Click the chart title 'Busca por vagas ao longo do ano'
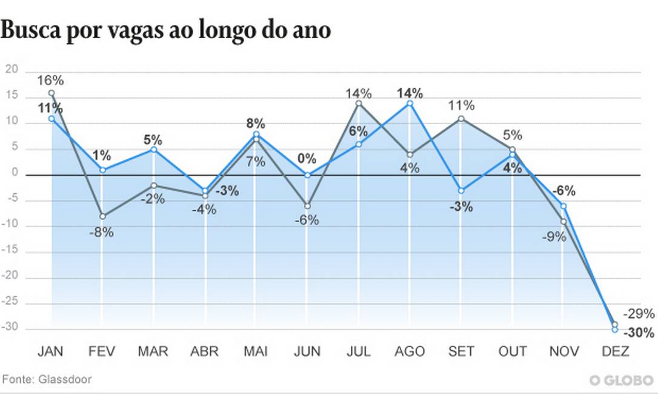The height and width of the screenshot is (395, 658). pyautogui.click(x=165, y=30)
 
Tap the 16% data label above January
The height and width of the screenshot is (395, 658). pyautogui.click(x=50, y=81)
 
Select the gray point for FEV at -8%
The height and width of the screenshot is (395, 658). pyautogui.click(x=102, y=216)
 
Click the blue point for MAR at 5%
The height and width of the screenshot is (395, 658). pyautogui.click(x=154, y=149)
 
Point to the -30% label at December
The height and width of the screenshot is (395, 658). pyautogui.click(x=639, y=333)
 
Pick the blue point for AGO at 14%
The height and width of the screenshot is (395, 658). pyautogui.click(x=410, y=103)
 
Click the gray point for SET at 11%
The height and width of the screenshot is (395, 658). pyautogui.click(x=461, y=118)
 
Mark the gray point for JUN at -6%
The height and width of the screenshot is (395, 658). pyautogui.click(x=307, y=206)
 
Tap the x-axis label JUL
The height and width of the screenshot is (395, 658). pyautogui.click(x=359, y=351)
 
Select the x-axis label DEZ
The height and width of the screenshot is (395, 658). pyautogui.click(x=616, y=351)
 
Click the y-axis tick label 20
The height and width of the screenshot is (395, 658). pyautogui.click(x=12, y=71)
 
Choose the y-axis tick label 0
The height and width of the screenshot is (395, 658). pyautogui.click(x=15, y=174)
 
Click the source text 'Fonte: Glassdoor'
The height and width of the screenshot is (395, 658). pyautogui.click(x=48, y=379)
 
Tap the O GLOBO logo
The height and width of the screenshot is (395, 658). pyautogui.click(x=621, y=380)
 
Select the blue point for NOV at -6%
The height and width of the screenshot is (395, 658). pyautogui.click(x=563, y=206)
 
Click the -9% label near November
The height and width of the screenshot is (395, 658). pyautogui.click(x=553, y=237)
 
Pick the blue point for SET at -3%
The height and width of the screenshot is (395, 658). pyautogui.click(x=461, y=190)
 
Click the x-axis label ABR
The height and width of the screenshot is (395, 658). pyautogui.click(x=205, y=351)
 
